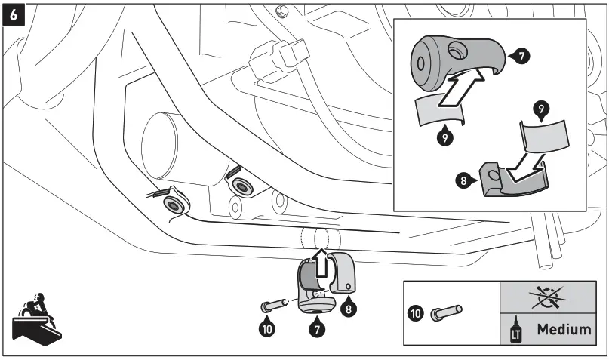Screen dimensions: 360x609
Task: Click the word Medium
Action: click(563, 329)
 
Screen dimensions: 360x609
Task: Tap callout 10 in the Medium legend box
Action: click(416, 312)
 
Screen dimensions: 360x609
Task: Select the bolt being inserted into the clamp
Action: click(272, 306)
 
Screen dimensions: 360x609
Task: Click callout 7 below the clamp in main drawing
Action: click(319, 329)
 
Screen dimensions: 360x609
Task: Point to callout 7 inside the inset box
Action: click(521, 56)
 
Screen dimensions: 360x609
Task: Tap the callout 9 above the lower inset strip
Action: click(539, 109)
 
